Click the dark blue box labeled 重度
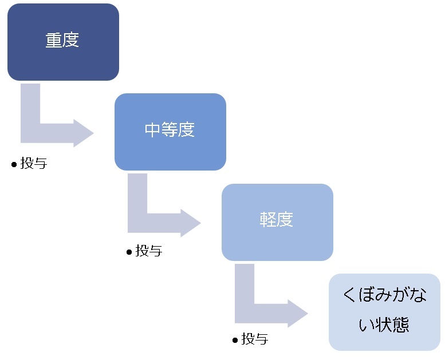coord(63,42)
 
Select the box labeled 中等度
coord(170,132)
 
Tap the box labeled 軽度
coord(277,222)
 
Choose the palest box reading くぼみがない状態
coord(384,312)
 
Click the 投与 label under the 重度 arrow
coord(34,164)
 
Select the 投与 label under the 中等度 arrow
coord(149,251)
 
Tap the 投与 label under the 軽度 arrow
coord(255,339)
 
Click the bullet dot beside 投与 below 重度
coord(14,164)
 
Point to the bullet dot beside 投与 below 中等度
coord(129,252)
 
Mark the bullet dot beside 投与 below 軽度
coord(235,340)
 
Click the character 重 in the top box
coord(54,41)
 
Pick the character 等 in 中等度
coord(170,130)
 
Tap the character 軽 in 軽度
coord(268,220)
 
